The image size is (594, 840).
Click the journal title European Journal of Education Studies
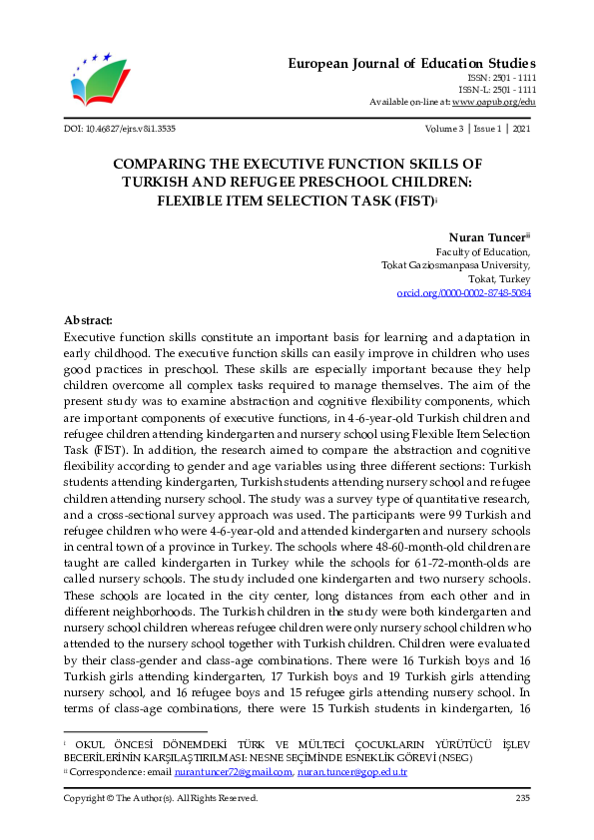pos(412,63)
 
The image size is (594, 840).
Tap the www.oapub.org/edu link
pos(494,102)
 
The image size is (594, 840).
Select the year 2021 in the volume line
pos(520,129)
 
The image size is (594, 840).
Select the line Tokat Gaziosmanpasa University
pos(456,265)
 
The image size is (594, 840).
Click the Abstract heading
pos(88,320)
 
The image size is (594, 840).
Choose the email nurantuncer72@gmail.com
pos(232,772)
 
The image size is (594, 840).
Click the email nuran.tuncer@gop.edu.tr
pos(352,772)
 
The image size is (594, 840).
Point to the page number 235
pos(522,798)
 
